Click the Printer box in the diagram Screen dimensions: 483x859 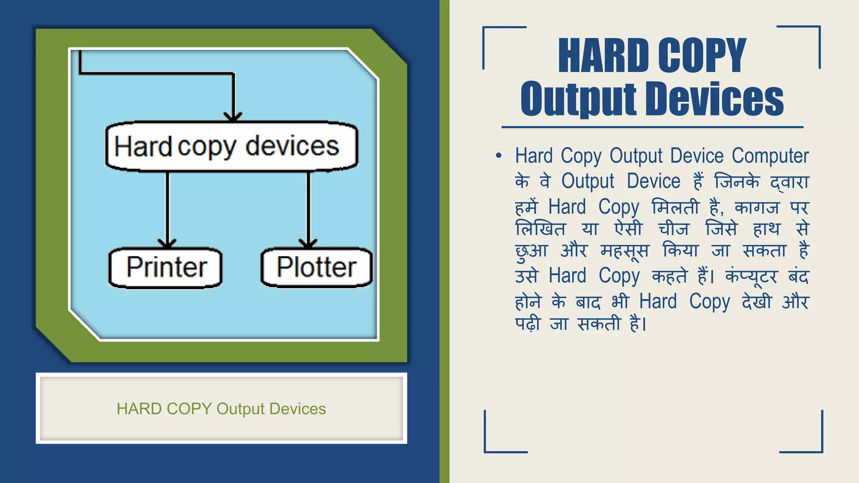point(166,267)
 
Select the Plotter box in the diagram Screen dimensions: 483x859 point(316,267)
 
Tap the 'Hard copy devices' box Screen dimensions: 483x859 point(231,146)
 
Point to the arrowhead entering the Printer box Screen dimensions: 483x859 point(167,243)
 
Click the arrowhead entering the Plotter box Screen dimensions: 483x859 point(308,243)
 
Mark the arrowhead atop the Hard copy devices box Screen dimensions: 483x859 point(233,117)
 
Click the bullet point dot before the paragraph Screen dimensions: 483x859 point(498,156)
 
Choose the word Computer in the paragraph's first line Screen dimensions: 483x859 point(770,156)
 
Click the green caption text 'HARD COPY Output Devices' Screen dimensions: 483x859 point(221,409)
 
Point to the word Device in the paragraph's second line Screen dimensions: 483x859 point(653,182)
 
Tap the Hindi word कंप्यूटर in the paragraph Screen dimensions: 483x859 point(751,276)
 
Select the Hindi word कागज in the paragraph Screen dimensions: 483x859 point(757,208)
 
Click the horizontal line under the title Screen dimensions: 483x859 point(652,127)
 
